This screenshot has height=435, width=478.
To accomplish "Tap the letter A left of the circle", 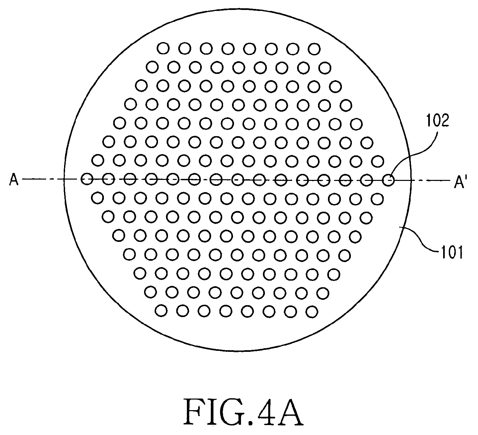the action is [x=14, y=180].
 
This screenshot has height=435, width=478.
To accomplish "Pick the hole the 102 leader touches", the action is [x=388, y=180].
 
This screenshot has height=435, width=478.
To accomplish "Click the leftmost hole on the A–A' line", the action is [x=87, y=179].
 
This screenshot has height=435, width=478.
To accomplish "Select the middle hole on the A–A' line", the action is [x=238, y=180].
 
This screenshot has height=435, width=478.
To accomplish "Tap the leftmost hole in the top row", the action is [x=163, y=48].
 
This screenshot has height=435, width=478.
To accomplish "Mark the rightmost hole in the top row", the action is [x=314, y=49].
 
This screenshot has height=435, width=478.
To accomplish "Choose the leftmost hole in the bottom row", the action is [x=161, y=311].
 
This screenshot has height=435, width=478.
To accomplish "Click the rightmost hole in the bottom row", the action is [x=311, y=311].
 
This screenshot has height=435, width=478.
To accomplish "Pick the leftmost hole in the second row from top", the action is [x=152, y=67].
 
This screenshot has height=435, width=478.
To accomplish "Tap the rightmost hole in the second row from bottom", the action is [x=323, y=293].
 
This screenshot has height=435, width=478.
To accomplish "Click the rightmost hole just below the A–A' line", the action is [x=377, y=199].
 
